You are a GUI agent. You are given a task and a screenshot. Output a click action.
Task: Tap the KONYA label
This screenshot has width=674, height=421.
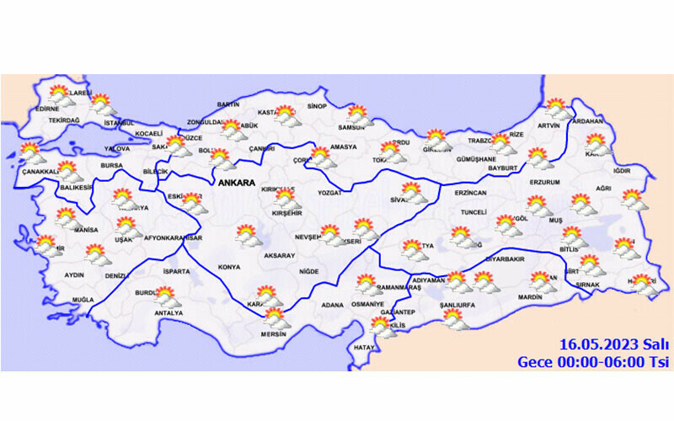pyautogui.click(x=229, y=267)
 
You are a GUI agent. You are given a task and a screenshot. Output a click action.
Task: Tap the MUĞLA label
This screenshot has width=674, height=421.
pyautogui.click(x=83, y=300)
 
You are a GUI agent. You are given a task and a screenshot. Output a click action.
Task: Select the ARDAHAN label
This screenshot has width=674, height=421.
pyautogui.click(x=587, y=121)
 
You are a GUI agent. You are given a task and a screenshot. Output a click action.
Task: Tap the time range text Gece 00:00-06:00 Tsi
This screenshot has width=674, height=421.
pyautogui.click(x=593, y=361)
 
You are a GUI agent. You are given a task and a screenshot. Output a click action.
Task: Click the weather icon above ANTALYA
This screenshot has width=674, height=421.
pyautogui.click(x=167, y=298)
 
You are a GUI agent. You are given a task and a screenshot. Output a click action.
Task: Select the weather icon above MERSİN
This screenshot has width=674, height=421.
pyautogui.click(x=275, y=318)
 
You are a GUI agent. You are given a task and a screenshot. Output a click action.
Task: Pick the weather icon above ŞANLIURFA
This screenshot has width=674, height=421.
pyautogui.click(x=455, y=319)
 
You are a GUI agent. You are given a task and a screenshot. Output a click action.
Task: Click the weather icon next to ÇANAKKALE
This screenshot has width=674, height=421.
pyautogui.click(x=31, y=154)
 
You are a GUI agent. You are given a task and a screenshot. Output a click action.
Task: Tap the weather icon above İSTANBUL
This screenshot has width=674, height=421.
pyautogui.click(x=103, y=105)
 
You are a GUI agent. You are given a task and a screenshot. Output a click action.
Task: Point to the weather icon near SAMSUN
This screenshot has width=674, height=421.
pyautogui.click(x=359, y=115)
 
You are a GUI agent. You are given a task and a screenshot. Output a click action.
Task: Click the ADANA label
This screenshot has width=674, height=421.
pyautogui.click(x=333, y=304)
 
